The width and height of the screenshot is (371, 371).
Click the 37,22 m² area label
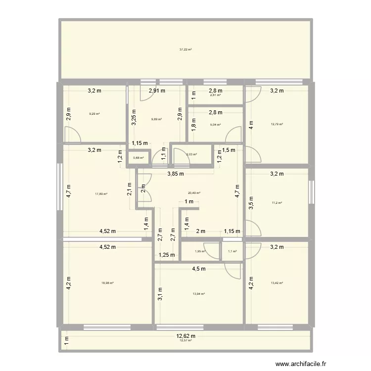(x=185, y=49)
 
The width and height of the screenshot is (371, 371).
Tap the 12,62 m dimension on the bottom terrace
(x=186, y=336)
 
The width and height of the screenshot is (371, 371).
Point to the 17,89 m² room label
(x=101, y=194)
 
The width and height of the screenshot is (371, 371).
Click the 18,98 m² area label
(x=108, y=283)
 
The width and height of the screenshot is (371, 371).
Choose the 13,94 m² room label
(x=199, y=294)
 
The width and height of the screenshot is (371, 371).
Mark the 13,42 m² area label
(x=277, y=283)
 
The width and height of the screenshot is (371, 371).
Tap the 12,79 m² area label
(x=277, y=124)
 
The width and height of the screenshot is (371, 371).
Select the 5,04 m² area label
(x=216, y=125)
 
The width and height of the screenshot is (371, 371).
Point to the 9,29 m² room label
(x=94, y=114)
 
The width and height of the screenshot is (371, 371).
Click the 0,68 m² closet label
(x=139, y=158)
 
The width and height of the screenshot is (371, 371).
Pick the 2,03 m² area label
(x=191, y=155)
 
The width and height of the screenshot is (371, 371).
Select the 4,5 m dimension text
(x=199, y=269)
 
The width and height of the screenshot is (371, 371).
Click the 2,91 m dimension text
(x=157, y=91)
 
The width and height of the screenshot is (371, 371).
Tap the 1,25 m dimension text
(x=167, y=255)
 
